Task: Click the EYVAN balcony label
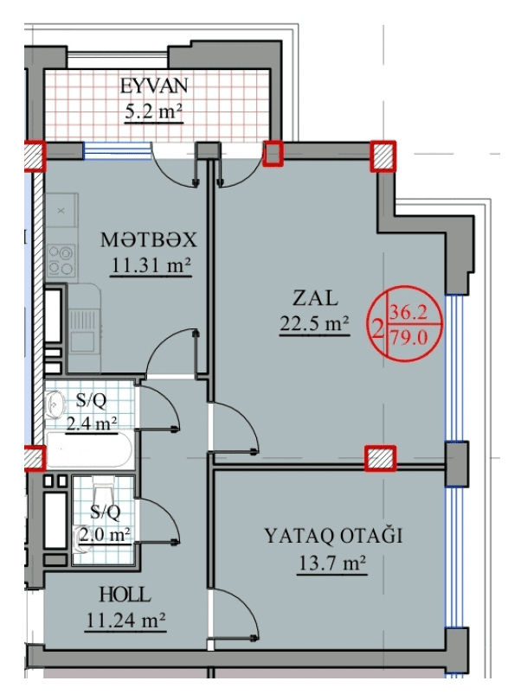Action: [x=154, y=86]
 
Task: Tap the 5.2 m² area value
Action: [x=154, y=111]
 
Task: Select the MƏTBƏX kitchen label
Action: [x=149, y=240]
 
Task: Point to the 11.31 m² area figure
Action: [x=151, y=266]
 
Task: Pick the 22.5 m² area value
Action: [x=314, y=323]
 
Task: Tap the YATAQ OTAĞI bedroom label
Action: [x=333, y=536]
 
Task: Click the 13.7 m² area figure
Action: [x=331, y=563]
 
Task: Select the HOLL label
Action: [x=125, y=595]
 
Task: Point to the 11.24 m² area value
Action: [x=125, y=620]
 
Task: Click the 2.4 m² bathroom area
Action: [x=92, y=423]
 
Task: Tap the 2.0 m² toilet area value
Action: [x=105, y=534]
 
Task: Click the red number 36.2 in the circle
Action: [x=408, y=312]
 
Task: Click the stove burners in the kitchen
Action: [x=61, y=261]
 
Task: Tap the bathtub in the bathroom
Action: [x=89, y=450]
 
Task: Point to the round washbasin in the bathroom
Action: [x=55, y=404]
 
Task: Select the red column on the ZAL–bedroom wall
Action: [x=380, y=459]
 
